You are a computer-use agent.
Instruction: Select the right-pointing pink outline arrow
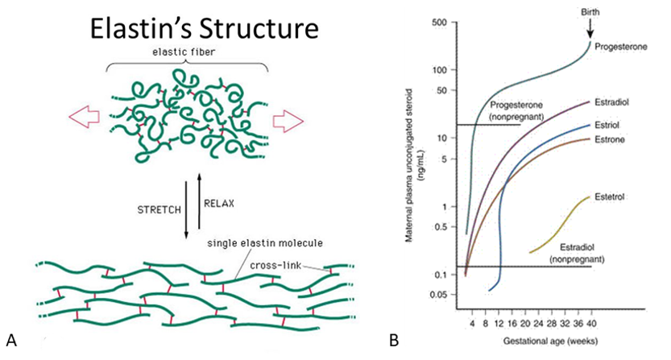click(286, 119)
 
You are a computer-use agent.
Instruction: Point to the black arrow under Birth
click(590, 29)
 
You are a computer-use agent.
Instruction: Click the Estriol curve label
click(612, 126)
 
